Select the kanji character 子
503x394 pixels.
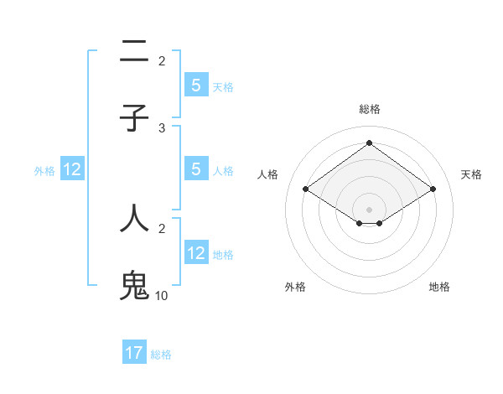pos(134,118)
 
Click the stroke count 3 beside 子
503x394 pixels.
pos(162,128)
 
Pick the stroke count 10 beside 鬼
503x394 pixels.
pos(162,296)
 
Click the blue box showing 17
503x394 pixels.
pos(134,353)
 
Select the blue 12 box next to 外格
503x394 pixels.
pos(72,170)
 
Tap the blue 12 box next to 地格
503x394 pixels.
pos(196,253)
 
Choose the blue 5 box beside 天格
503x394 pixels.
pos(196,86)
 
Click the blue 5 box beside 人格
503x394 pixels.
pos(196,169)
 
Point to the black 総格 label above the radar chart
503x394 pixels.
pos(369,109)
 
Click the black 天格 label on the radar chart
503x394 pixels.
pos(471,174)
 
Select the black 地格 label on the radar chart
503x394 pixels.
pos(439,287)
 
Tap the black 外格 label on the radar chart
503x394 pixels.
pos(295,287)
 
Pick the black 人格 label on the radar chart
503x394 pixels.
pos(268,174)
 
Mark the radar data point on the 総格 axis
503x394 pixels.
pos(369,143)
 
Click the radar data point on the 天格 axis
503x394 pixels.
pos(433,189)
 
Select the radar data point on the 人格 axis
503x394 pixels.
pos(305,189)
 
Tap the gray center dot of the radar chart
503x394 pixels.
pos(369,209)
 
